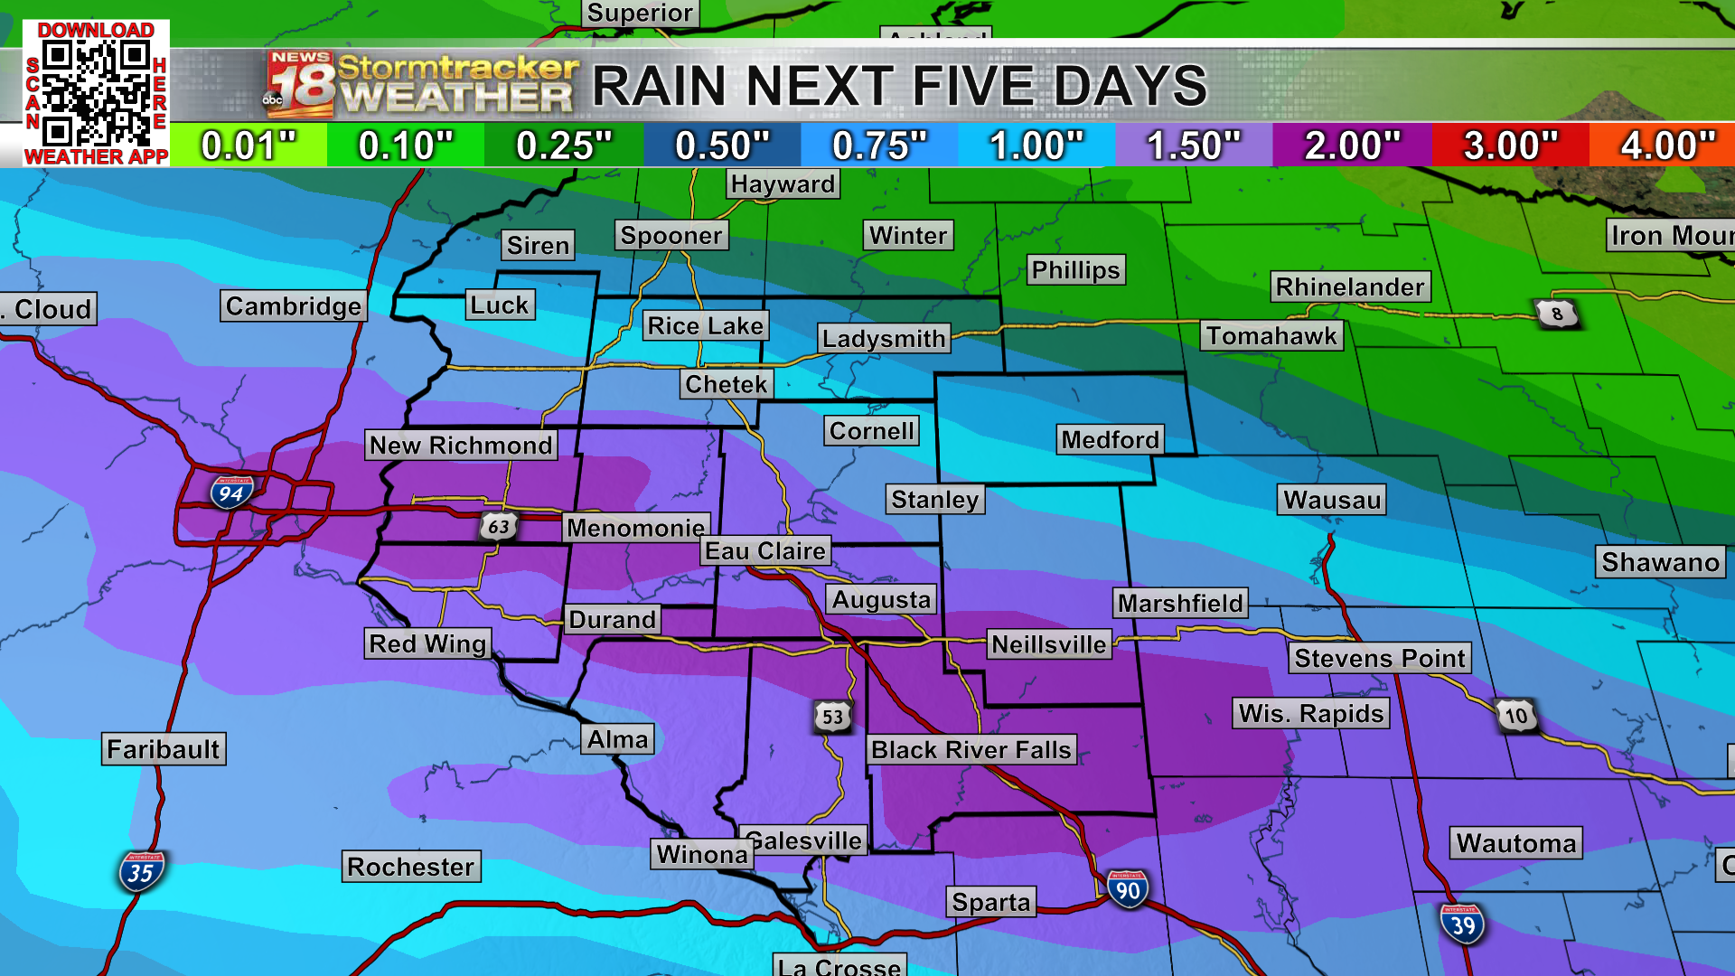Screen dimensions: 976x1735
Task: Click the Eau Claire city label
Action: [765, 550]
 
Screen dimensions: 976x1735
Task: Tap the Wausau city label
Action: [1332, 500]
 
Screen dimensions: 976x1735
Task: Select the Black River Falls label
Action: [971, 749]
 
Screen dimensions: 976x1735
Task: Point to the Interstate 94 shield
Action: [231, 493]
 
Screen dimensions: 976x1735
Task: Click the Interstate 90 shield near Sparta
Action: [1127, 889]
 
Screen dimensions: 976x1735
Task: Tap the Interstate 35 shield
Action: [141, 872]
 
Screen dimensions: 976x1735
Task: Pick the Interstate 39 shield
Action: [1462, 924]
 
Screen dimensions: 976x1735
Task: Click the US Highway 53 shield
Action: [832, 717]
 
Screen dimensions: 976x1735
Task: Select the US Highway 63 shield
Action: [498, 526]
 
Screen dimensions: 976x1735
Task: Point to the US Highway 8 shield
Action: [1556, 314]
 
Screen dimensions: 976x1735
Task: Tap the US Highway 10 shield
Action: [1515, 716]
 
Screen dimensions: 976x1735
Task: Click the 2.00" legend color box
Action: [1352, 145]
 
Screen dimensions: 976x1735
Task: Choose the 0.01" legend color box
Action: [249, 145]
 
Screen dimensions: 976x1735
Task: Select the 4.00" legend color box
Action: [1664, 145]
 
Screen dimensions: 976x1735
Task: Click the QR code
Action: [96, 93]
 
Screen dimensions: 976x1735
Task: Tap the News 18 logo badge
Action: [300, 85]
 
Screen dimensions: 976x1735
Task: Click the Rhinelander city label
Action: [1350, 286]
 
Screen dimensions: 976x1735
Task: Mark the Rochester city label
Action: [411, 867]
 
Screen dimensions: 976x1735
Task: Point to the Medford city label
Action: [1110, 440]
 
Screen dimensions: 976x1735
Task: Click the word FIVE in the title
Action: [974, 87]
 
